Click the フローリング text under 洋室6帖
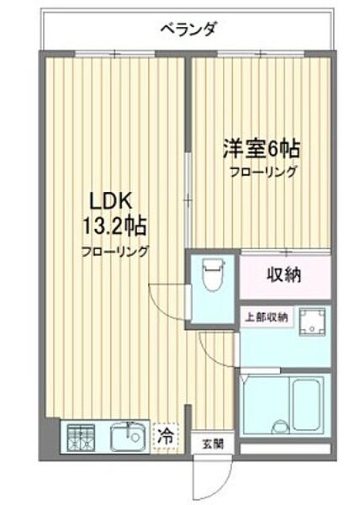click(263, 172)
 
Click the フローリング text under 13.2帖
click(115, 251)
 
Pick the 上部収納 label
click(266, 317)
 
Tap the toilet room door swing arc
click(165, 299)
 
